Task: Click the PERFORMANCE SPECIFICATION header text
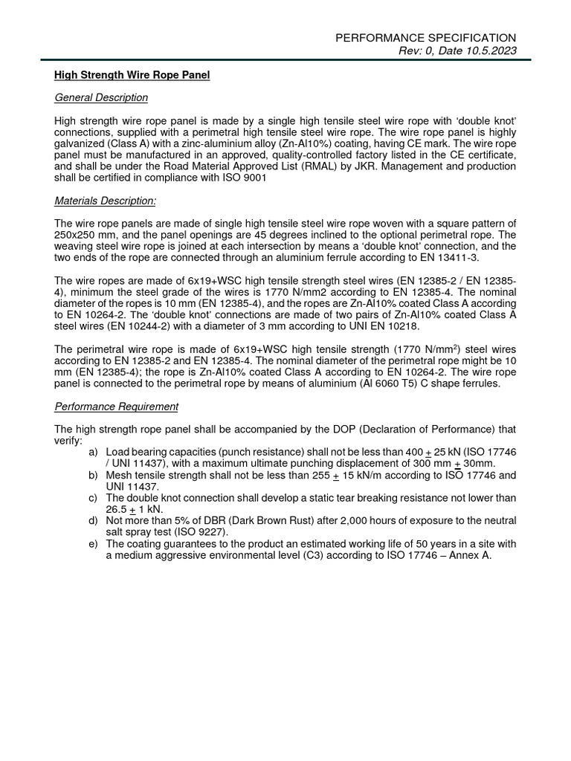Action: click(x=426, y=37)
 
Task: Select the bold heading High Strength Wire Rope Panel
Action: click(x=132, y=76)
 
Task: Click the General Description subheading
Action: click(x=101, y=97)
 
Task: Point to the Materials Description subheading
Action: click(x=106, y=201)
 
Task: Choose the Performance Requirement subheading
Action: click(x=117, y=407)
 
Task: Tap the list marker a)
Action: click(x=93, y=452)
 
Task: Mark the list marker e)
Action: click(x=93, y=544)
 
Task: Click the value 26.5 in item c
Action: click(x=117, y=509)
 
